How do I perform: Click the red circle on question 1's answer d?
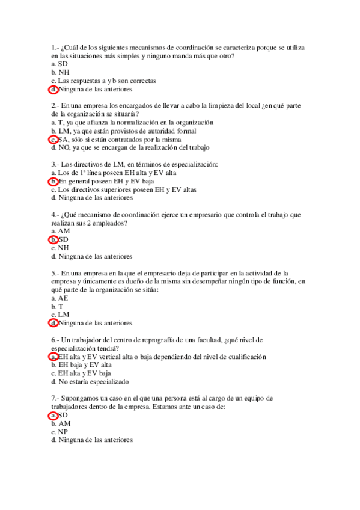[53, 90]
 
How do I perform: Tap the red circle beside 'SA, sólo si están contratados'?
[53, 139]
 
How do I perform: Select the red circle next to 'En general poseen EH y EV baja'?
[53, 181]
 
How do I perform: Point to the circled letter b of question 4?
[53, 239]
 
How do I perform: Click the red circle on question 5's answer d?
[53, 323]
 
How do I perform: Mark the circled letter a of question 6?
[53, 357]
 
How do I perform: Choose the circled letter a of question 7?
[53, 415]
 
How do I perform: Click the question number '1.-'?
[56, 47]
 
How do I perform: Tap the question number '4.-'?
[56, 214]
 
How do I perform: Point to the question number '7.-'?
[56, 398]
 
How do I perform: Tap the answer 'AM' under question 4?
[64, 231]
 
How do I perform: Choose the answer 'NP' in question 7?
[63, 432]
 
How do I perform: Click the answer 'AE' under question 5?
[63, 298]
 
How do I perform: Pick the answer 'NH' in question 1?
[64, 72]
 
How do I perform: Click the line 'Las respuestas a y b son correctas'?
[107, 81]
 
